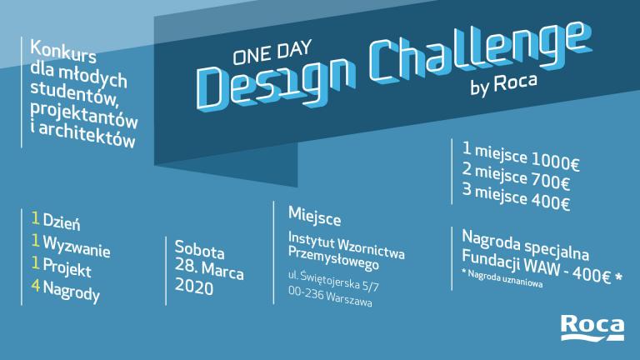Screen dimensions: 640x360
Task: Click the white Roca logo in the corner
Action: click(592, 327)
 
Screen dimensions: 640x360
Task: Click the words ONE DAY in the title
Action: click(272, 52)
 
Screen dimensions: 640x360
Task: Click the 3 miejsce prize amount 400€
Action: click(550, 202)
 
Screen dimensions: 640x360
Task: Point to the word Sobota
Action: click(200, 250)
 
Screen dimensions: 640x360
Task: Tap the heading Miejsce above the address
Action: click(315, 217)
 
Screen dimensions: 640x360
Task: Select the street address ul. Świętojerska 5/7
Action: click(333, 281)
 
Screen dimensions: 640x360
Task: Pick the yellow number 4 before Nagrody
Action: click(36, 286)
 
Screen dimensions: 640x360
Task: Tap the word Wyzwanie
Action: click(77, 246)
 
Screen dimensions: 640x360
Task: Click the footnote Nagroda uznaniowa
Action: click(505, 279)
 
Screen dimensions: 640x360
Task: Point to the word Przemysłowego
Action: click(333, 258)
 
